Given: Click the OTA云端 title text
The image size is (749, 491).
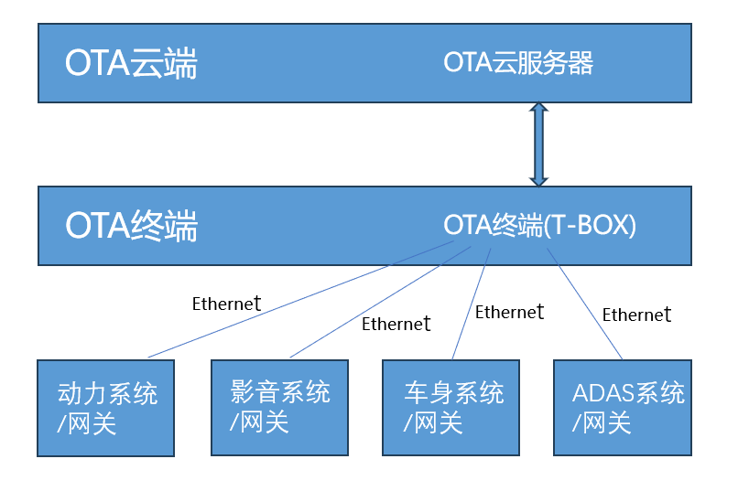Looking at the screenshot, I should (131, 64).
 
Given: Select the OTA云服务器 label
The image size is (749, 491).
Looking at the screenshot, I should (518, 62).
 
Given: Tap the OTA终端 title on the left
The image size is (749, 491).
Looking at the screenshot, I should (131, 226).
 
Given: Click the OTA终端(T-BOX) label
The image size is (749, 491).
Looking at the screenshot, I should (539, 225).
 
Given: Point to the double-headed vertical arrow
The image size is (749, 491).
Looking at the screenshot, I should (538, 144).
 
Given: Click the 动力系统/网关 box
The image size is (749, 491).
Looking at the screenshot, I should (105, 408).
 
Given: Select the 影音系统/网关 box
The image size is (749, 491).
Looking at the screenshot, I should (279, 408).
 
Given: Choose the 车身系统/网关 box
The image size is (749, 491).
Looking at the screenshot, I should (450, 408).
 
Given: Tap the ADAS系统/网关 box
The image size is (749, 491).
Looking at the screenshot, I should (622, 408).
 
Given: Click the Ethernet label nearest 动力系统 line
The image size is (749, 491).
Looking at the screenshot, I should (226, 304).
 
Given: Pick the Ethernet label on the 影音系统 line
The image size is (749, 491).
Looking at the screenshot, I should (396, 323).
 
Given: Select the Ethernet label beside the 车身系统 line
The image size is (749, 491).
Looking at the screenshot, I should (509, 312).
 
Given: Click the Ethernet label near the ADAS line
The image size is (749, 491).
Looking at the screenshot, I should (636, 315).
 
